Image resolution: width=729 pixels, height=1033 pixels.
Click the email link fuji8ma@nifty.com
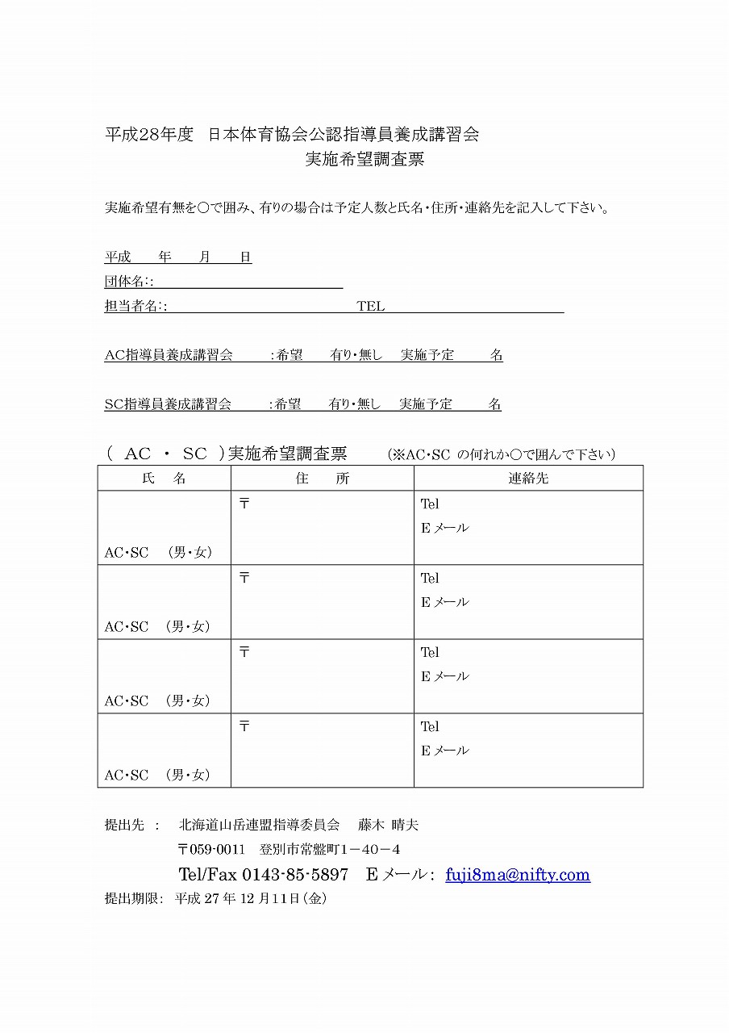pos(517,875)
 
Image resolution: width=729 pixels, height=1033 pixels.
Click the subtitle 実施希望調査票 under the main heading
pos(364,160)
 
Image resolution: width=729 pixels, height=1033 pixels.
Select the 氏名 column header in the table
pos(164,479)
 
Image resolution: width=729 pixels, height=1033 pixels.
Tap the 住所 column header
pos(322,479)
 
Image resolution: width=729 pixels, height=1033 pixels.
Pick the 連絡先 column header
pos(528,479)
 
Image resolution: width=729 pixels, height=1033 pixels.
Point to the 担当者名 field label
pos(133,307)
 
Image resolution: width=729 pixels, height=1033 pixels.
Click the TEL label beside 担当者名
pos(371,307)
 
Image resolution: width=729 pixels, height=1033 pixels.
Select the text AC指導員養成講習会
pos(169,355)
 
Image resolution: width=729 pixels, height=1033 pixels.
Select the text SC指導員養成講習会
pos(168,404)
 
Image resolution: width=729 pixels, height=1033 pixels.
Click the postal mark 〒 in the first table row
pos(244,504)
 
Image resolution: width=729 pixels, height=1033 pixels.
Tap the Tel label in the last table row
pos(430,726)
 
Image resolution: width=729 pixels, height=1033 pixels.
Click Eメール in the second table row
pos(444,602)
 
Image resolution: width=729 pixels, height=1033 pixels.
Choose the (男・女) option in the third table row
pos(190,701)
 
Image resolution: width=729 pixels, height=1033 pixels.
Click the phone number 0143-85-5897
pos(295,875)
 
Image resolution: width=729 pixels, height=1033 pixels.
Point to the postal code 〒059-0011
pos(210,850)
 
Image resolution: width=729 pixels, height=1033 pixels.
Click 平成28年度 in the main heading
pos(150,135)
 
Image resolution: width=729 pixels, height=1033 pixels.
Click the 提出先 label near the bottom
pos(124,825)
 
